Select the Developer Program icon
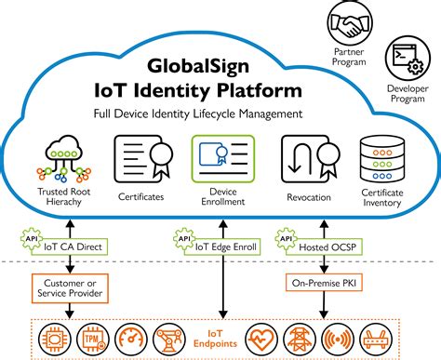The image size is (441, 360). point(408,58)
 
